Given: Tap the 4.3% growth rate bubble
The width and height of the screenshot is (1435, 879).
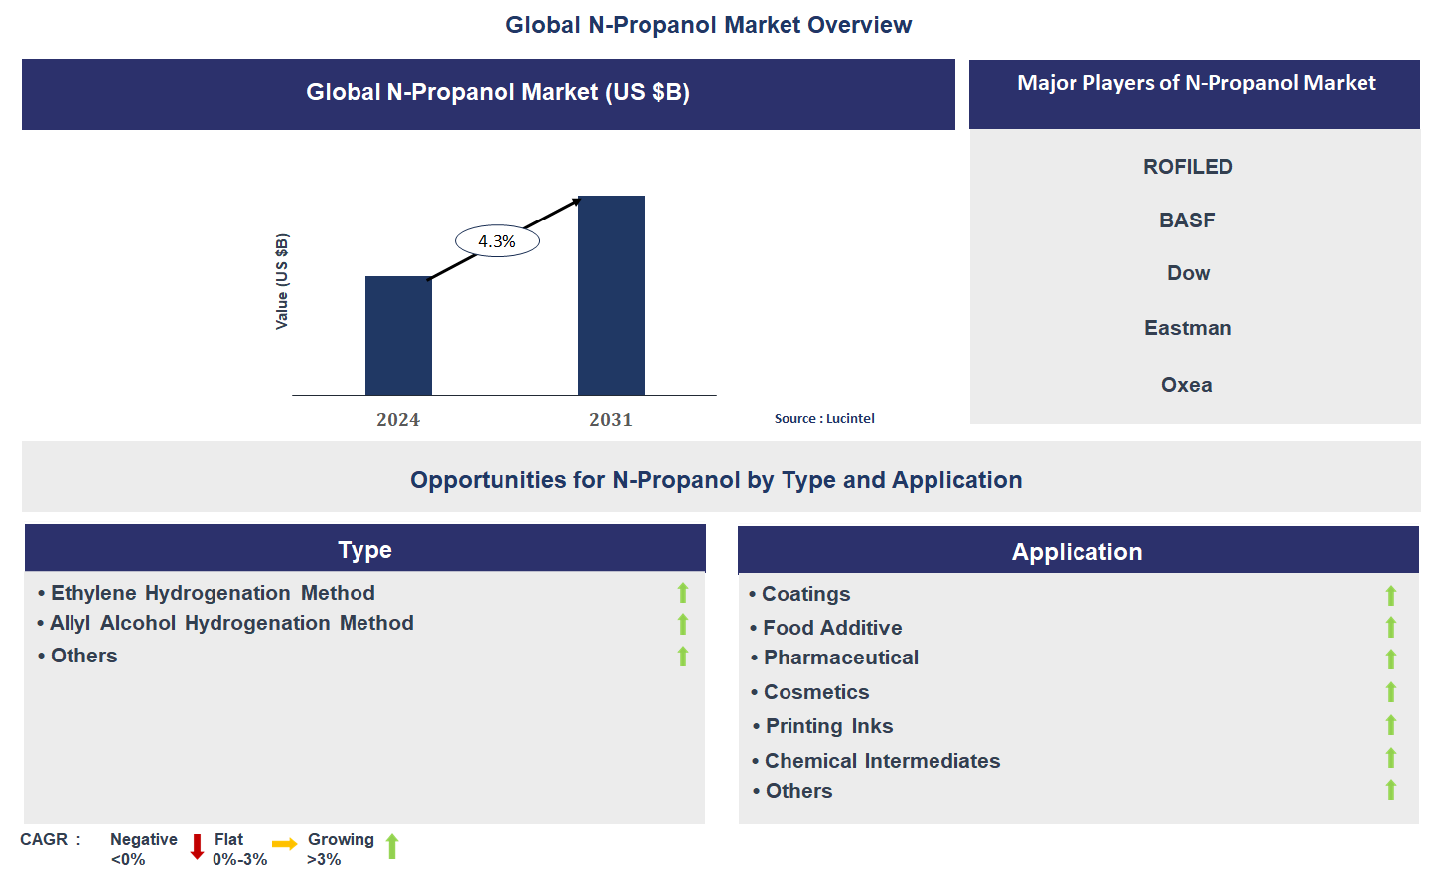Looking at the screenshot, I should (497, 241).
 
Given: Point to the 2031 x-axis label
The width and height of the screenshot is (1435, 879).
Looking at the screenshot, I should (610, 420).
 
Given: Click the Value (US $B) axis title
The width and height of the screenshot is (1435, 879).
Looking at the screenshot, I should (282, 281).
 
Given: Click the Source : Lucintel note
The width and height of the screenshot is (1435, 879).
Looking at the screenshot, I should (824, 419).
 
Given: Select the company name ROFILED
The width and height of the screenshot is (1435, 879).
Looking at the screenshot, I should (1188, 167).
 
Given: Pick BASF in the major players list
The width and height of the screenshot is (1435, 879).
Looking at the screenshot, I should (1187, 220).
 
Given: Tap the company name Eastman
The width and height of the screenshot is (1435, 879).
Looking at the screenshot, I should (1188, 328).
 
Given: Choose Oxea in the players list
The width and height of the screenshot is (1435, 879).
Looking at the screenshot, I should (1187, 385).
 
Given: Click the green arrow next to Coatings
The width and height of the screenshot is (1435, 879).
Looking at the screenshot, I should (1391, 595).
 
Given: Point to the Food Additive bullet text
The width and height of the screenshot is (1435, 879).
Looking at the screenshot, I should (832, 628).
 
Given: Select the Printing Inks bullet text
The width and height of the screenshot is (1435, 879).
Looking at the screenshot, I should (829, 726).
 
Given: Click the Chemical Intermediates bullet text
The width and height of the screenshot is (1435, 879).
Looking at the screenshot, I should (882, 761).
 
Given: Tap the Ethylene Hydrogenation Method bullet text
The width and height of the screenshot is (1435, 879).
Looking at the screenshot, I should (213, 593).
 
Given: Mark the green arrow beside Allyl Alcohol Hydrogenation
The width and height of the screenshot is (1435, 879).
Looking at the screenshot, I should (683, 624).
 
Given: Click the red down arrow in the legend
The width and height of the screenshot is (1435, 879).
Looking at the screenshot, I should (197, 847).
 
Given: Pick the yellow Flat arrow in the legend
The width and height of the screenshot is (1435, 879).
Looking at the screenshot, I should (285, 844).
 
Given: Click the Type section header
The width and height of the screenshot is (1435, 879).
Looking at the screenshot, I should (364, 550).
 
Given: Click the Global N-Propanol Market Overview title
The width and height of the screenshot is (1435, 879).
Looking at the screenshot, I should (708, 25).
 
